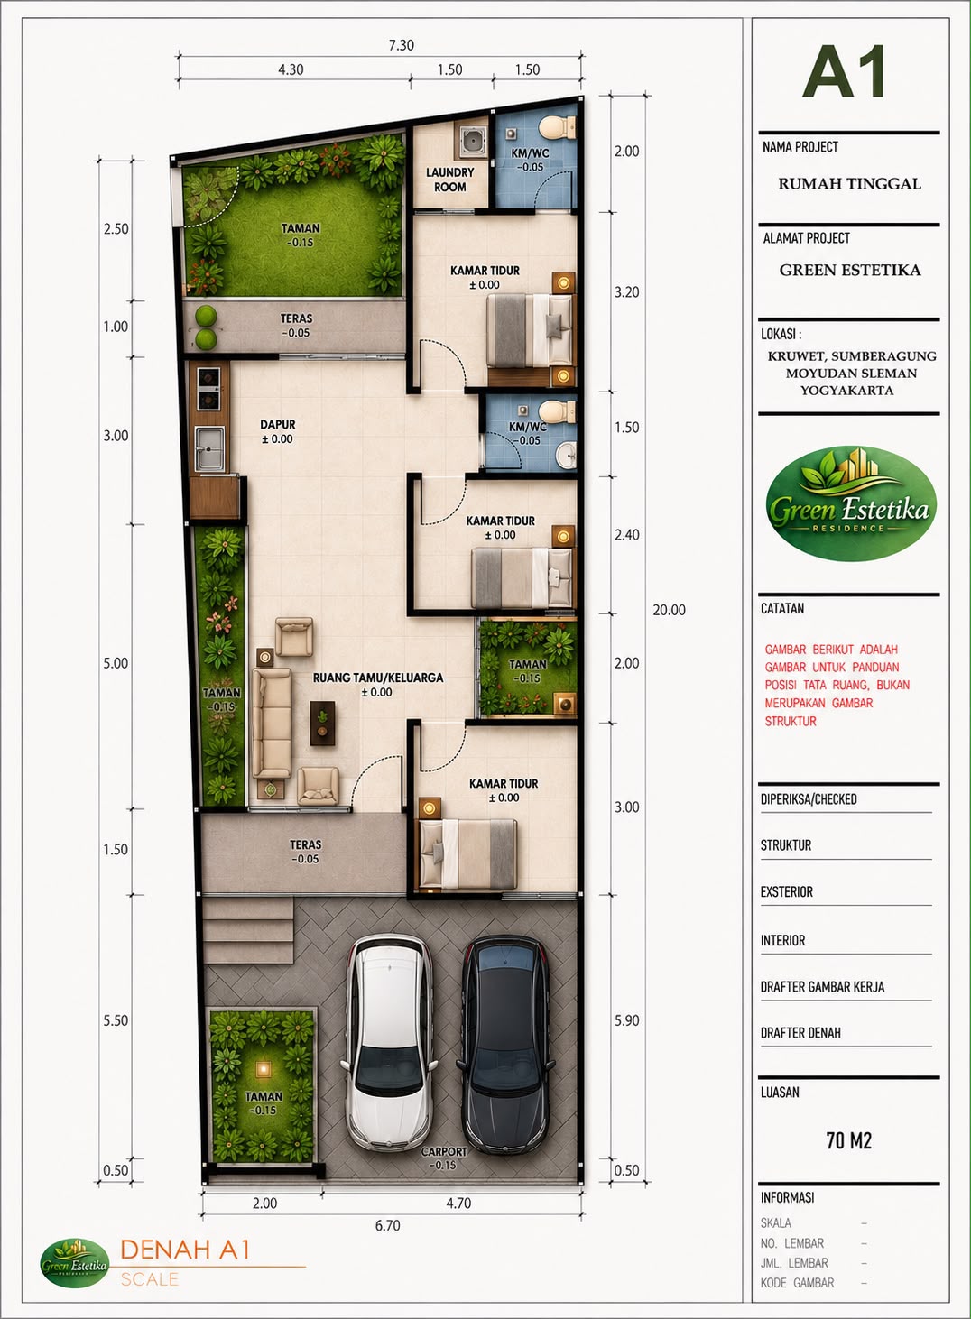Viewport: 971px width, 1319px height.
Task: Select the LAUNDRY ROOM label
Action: point(450,180)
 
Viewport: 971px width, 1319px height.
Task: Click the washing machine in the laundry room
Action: point(472,142)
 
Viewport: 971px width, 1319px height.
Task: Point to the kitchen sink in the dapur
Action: point(209,448)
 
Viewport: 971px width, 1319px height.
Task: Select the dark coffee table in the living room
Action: point(322,723)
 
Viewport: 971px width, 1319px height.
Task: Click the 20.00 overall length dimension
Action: point(669,610)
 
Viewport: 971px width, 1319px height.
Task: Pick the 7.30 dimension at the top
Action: point(401,45)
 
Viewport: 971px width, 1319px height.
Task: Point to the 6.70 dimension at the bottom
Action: point(387,1225)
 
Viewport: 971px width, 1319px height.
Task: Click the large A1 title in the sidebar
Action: point(844,72)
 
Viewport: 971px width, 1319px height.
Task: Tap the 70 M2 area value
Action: point(848,1141)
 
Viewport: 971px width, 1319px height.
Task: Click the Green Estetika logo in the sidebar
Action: point(850,503)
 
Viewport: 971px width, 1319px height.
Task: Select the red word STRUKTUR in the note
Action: point(791,722)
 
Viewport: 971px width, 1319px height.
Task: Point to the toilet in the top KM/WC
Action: point(557,126)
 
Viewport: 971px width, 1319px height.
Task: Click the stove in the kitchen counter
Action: point(208,388)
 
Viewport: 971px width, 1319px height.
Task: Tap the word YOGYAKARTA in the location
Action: point(846,391)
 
